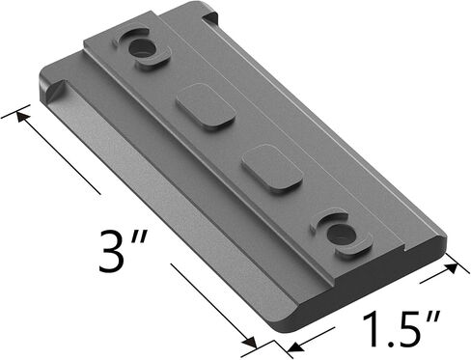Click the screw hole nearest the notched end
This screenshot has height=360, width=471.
(143, 49)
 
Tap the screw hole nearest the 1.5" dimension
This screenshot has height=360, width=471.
(341, 234)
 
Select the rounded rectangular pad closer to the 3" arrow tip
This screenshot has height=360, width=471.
(206, 107)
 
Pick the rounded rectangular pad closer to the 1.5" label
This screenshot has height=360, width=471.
(272, 168)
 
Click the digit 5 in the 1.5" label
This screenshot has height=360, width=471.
(407, 330)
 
